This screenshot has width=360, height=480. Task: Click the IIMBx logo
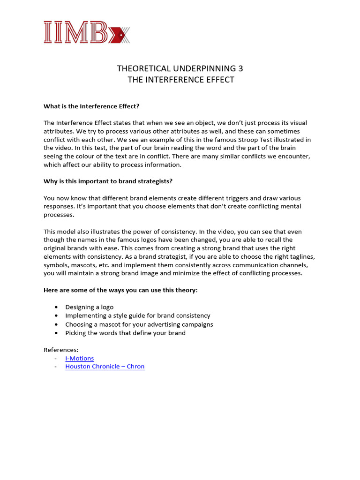pyautogui.click(x=86, y=32)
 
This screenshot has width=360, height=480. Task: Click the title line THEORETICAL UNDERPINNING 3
pyautogui.click(x=180, y=69)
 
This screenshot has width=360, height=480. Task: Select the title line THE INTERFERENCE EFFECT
pyautogui.click(x=180, y=80)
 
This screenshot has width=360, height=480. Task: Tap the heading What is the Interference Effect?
pyautogui.click(x=92, y=106)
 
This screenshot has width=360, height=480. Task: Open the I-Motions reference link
pyautogui.click(x=80, y=358)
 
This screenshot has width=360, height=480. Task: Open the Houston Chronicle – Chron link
pyautogui.click(x=105, y=367)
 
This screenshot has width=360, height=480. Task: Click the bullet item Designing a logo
pyautogui.click(x=90, y=307)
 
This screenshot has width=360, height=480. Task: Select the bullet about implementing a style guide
pyautogui.click(x=138, y=315)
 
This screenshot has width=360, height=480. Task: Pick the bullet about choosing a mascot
pyautogui.click(x=139, y=324)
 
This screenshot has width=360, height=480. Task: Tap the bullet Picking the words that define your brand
pyautogui.click(x=126, y=333)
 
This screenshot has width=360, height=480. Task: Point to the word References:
pyautogui.click(x=61, y=350)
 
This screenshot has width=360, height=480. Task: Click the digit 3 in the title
pyautogui.click(x=240, y=69)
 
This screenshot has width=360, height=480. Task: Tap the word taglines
pyautogui.click(x=302, y=257)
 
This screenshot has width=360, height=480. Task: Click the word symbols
pyautogui.click(x=57, y=265)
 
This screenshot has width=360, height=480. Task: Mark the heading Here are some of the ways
pyautogui.click(x=120, y=290)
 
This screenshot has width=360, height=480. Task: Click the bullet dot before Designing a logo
pyautogui.click(x=56, y=307)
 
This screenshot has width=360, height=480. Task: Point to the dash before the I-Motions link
pyautogui.click(x=56, y=358)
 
